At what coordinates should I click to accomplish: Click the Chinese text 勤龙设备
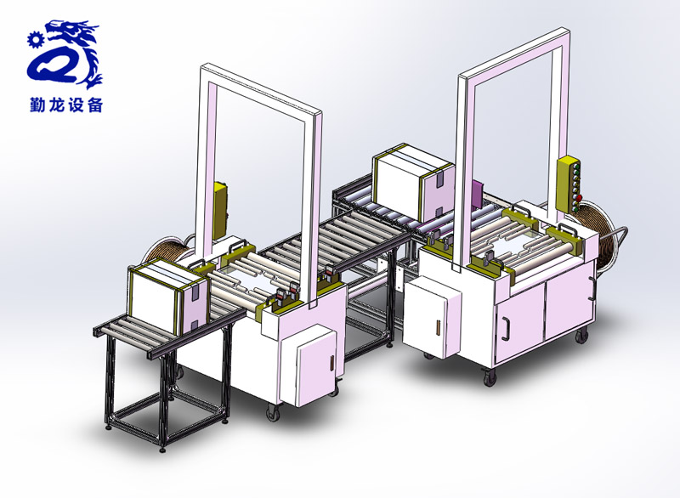click(x=66, y=105)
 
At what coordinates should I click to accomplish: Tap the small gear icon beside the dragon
click(x=35, y=40)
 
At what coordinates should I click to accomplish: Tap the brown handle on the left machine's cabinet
click(x=331, y=363)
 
